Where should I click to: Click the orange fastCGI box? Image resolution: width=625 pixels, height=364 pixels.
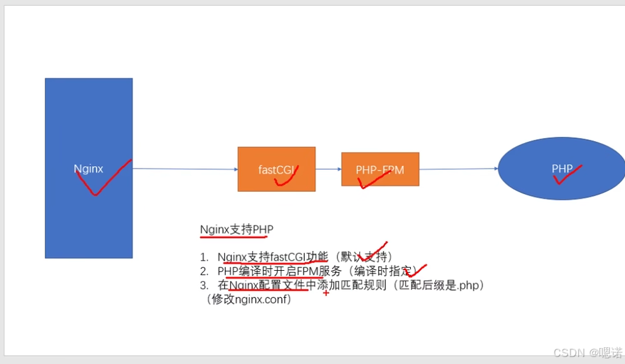tap(276, 160)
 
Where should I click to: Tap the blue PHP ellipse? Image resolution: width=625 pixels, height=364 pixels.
tap(561, 156)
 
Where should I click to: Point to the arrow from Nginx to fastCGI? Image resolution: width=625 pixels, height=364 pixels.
tap(185, 169)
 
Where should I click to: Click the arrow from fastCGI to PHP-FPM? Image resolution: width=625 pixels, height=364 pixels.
tap(328, 169)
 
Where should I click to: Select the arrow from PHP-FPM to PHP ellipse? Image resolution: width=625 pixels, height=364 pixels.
tap(458, 169)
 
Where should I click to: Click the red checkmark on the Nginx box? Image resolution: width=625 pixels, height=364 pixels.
tap(102, 179)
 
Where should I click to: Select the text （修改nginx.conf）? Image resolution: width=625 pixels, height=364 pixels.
tap(248, 299)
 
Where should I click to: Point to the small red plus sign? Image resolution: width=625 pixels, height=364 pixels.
tap(326, 292)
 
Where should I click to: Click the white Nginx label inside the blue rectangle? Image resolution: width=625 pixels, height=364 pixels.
tap(88, 169)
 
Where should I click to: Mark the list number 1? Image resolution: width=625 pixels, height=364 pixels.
tap(204, 257)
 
